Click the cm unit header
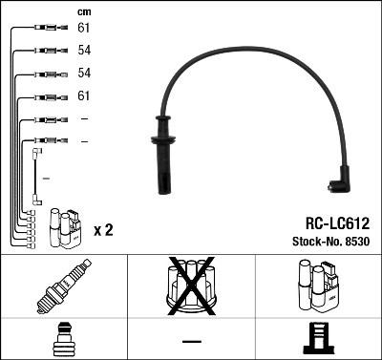82,11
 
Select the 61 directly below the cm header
84,29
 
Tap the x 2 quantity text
103,230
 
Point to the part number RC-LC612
330,221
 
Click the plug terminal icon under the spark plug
63,339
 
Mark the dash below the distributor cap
191,341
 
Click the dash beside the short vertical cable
47,178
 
